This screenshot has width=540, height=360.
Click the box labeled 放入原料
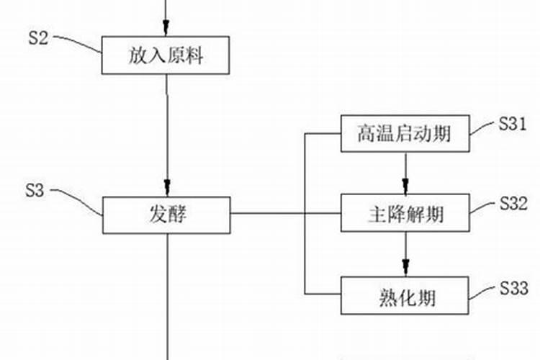click(167, 55)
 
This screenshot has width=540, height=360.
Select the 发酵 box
click(167, 214)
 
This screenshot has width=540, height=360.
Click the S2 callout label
click(38, 38)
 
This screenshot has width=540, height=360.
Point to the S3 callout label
click(35, 191)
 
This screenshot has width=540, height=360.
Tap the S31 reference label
click(513, 124)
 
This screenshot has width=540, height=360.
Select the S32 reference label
click(513, 204)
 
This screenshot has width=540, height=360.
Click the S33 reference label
click(513, 288)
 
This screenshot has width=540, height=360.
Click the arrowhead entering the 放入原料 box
click(167, 30)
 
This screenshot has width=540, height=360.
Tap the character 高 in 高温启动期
click(366, 133)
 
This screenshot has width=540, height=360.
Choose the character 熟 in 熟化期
click(386, 295)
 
